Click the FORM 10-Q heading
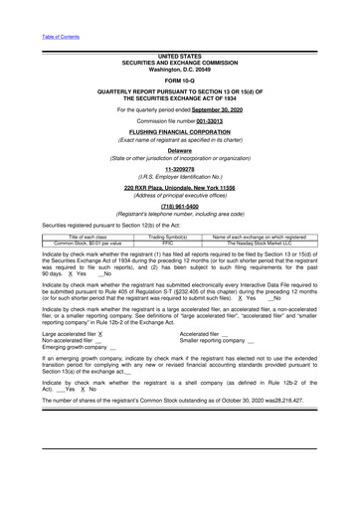pyautogui.click(x=179, y=80)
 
